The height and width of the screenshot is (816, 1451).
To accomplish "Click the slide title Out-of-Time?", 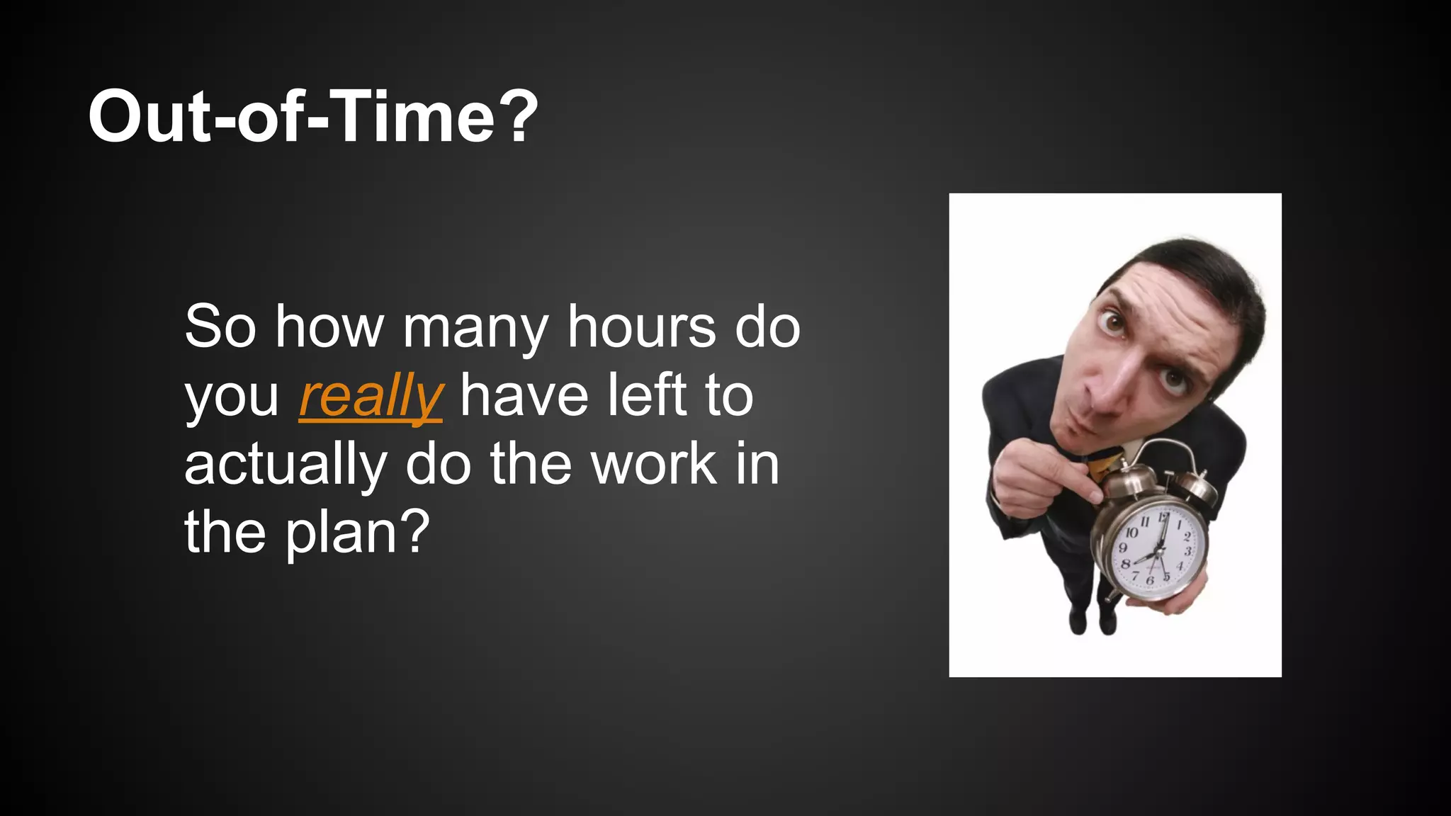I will coord(312,117).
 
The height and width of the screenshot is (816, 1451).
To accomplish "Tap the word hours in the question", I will coord(641,327).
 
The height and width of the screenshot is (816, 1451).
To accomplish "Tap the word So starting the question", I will coord(220,327).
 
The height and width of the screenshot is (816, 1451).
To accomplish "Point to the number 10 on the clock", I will coord(1131,532).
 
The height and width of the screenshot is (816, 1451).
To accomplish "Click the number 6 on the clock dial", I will coord(1149,580).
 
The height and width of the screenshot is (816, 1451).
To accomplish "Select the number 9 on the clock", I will coord(1122,548).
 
